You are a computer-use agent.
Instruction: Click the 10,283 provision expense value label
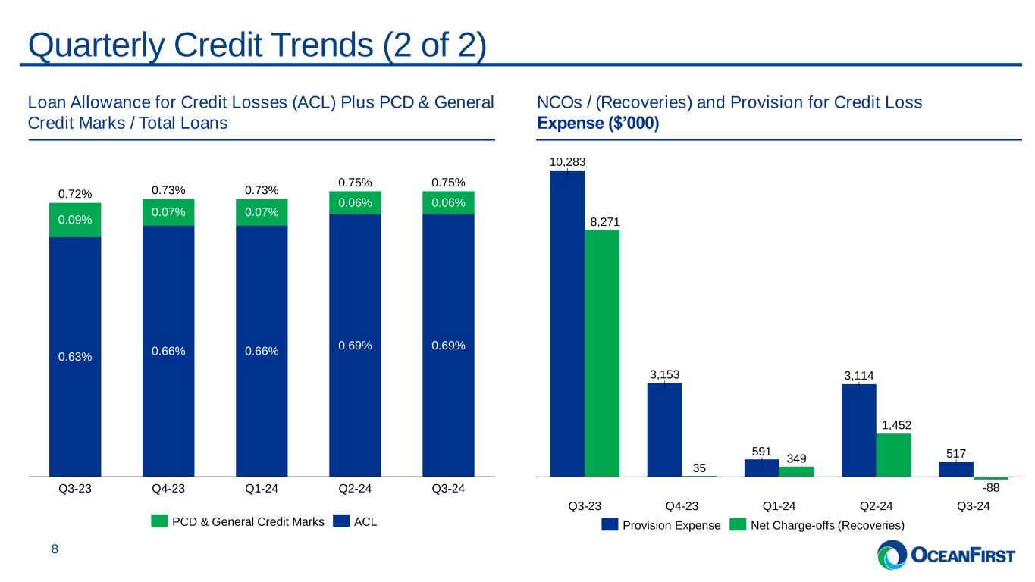click(567, 161)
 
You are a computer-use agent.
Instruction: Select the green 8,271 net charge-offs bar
click(602, 352)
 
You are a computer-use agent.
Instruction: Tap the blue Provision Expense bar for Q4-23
click(664, 429)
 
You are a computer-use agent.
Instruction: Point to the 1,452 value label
click(893, 424)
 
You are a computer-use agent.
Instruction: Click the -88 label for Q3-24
click(990, 489)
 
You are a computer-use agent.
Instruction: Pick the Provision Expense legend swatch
click(610, 524)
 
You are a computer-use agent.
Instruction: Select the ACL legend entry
click(365, 521)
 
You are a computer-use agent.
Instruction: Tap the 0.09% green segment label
click(75, 221)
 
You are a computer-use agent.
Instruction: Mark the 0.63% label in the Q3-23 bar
click(75, 357)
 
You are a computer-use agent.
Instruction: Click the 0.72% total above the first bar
click(75, 194)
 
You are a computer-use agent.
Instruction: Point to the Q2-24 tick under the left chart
click(355, 489)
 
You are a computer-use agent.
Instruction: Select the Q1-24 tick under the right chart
click(779, 506)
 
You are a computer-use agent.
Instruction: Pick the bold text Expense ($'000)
click(598, 123)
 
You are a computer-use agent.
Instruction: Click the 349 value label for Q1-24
click(796, 458)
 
